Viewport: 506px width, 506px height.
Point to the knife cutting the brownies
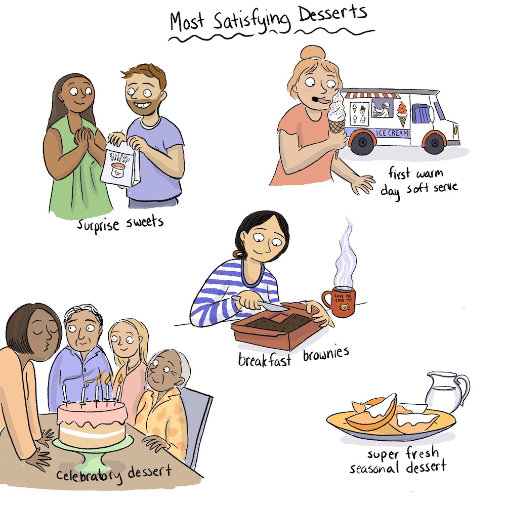click(x=260, y=304)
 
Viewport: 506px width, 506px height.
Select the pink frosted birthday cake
click(x=92, y=423)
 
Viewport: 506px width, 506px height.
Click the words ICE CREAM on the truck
click(x=392, y=133)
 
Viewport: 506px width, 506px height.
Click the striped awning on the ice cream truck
click(x=372, y=95)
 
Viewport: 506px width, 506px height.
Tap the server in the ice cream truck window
click(x=382, y=110)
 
